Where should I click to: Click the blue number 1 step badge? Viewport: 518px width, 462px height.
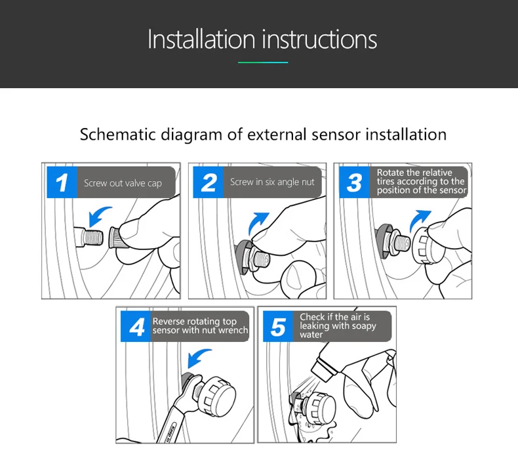pos(62,182)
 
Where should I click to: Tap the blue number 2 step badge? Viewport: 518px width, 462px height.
pos(208,182)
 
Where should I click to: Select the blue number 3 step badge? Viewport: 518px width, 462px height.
pos(355,182)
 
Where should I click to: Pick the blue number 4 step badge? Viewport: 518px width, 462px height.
pos(136,326)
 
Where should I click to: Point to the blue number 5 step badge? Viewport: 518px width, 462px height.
pos(278,326)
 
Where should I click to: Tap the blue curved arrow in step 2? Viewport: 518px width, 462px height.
pos(256,222)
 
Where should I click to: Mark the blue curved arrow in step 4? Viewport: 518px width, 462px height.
pos(197,357)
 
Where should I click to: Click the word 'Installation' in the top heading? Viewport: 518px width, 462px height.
pos(201,39)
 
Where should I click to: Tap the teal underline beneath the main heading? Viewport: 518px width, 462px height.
pos(263,62)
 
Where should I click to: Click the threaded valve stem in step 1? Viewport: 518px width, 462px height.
pos(89,237)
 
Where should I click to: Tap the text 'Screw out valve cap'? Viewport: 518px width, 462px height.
pos(123,183)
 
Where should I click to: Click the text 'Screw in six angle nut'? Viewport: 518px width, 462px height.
pos(272,182)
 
